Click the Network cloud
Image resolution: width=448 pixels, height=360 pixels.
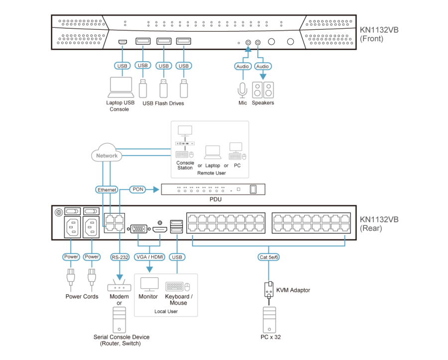(107, 155)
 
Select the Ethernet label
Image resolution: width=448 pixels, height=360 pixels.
(107, 190)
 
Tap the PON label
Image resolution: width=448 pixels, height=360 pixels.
(137, 189)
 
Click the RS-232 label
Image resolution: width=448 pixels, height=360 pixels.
(120, 257)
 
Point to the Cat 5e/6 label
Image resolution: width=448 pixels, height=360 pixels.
(268, 257)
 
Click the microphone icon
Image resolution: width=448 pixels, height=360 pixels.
(242, 90)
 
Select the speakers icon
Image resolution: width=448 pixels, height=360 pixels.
(263, 90)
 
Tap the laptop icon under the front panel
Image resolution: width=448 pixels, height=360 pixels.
(120, 88)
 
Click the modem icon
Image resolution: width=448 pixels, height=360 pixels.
(118, 286)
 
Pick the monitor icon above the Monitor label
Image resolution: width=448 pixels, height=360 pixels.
(148, 285)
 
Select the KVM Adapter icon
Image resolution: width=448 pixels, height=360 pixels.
(268, 289)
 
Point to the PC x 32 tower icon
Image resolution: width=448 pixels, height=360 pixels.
(269, 320)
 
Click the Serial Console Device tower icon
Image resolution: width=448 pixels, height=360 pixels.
(120, 320)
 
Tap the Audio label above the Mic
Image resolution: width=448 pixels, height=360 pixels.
(242, 66)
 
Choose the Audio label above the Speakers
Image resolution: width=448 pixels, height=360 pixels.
(262, 66)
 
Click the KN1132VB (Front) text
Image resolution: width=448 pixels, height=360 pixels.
(379, 34)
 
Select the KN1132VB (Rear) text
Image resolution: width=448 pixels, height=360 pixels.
(379, 223)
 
